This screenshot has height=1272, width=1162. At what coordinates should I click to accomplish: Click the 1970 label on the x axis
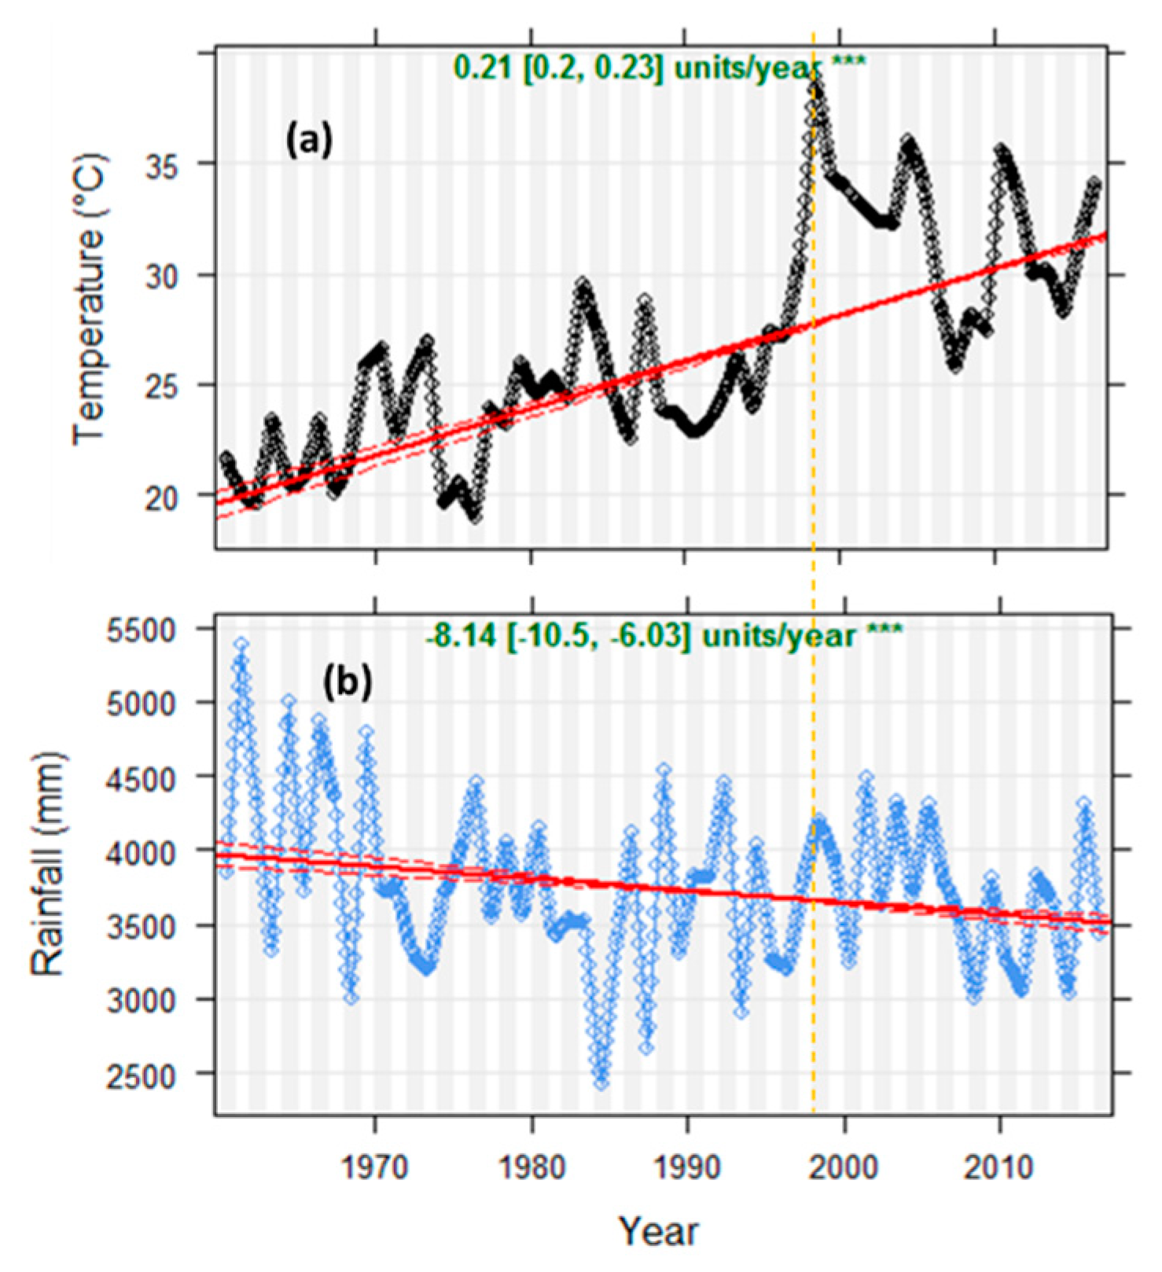pyautogui.click(x=375, y=1166)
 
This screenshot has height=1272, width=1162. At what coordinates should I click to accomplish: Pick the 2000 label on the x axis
pyautogui.click(x=844, y=1166)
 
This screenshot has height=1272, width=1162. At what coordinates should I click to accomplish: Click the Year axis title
pyautogui.click(x=657, y=1230)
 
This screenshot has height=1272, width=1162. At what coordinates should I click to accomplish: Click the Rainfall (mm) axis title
pyautogui.click(x=49, y=865)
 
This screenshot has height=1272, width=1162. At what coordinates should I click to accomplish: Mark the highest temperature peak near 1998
pyautogui.click(x=815, y=79)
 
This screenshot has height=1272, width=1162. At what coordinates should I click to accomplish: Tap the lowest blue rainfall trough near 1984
pyautogui.click(x=601, y=1083)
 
